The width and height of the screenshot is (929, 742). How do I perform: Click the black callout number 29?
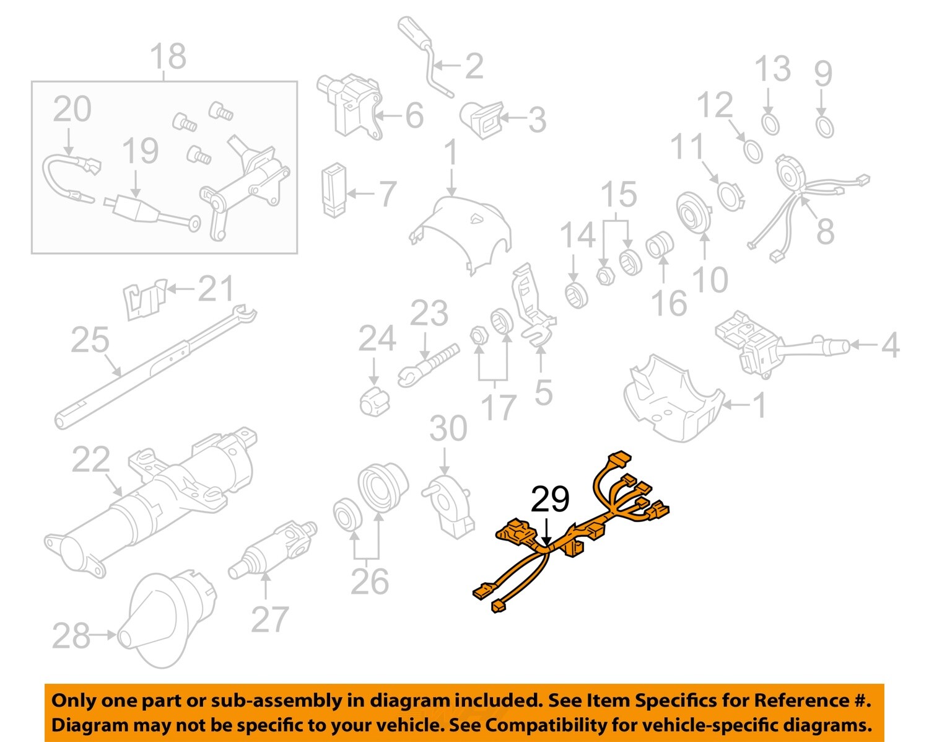coord(550,500)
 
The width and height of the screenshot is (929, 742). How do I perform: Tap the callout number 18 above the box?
coord(168,56)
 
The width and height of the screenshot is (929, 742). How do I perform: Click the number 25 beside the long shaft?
coord(90,340)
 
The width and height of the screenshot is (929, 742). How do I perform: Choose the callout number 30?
coord(448,429)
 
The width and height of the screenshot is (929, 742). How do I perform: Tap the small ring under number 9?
coord(824,127)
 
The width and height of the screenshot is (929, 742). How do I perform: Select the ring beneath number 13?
coord(770,124)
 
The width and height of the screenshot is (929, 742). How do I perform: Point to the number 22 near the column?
coord(91,460)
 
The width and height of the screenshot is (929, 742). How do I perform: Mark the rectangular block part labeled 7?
coord(334,190)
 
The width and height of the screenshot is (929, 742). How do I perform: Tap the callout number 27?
coord(269,619)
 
